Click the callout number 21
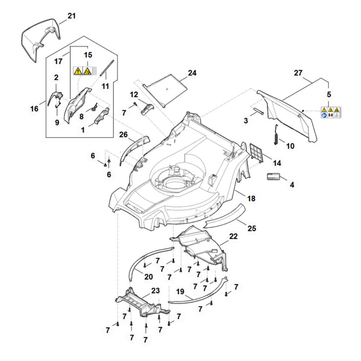(72, 16)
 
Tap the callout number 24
(192, 73)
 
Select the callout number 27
(298, 73)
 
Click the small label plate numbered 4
(274, 177)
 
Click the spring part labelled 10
(275, 135)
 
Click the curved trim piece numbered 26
(134, 149)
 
